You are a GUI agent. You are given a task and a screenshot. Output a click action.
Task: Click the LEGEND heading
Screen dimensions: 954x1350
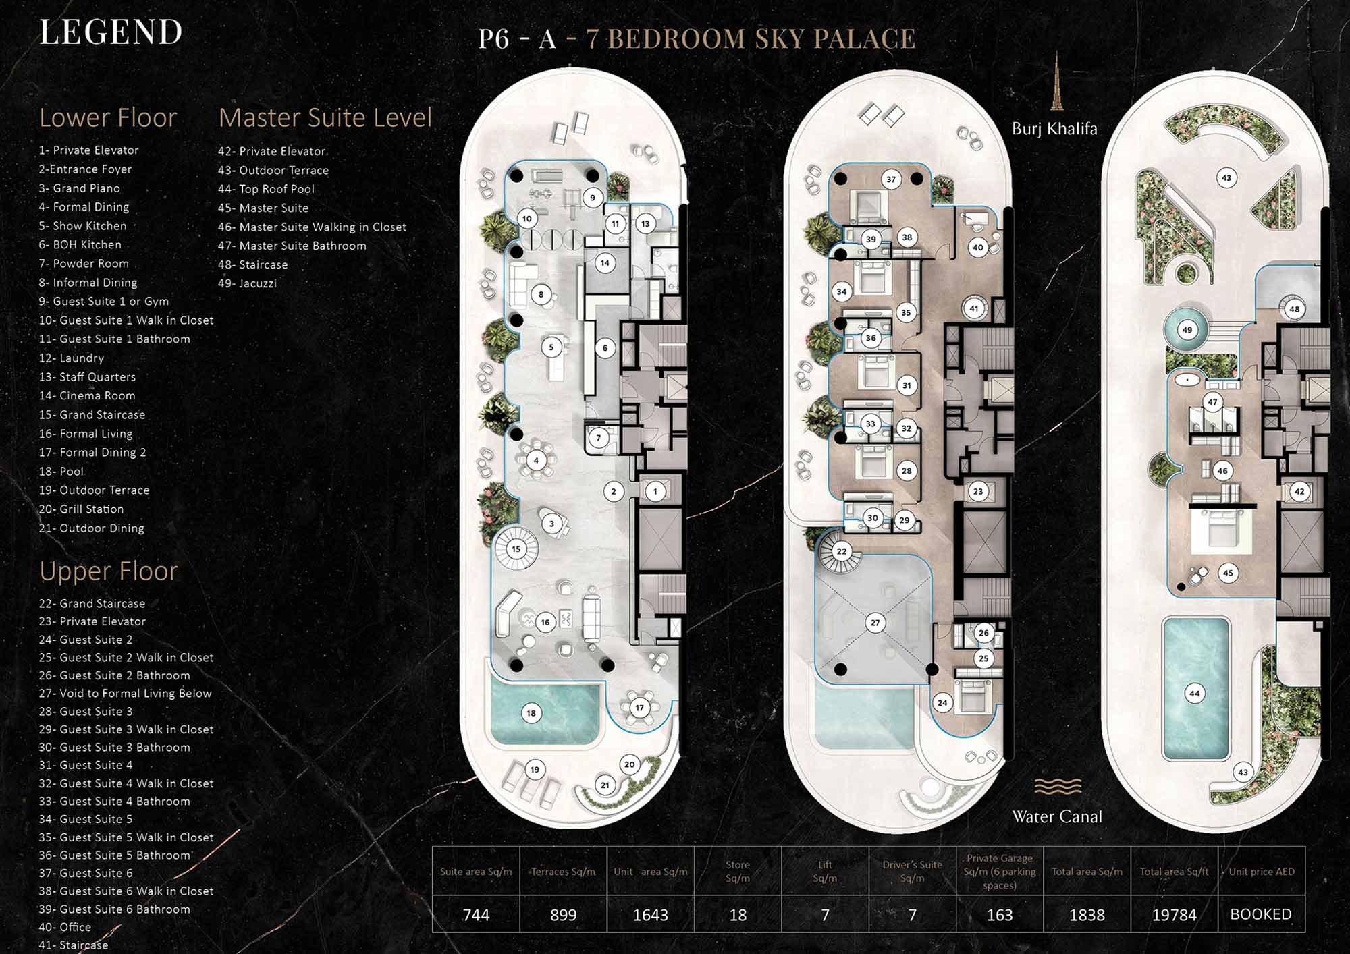point(111,32)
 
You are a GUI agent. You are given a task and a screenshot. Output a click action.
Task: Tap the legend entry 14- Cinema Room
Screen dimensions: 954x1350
point(87,396)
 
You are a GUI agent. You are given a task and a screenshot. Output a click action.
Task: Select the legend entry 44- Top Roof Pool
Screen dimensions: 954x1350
point(266,190)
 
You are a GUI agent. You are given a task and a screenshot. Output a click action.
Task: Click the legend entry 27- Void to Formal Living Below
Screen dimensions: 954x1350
point(125,694)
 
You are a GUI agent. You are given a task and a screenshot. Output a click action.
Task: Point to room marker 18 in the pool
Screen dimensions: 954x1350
point(531,713)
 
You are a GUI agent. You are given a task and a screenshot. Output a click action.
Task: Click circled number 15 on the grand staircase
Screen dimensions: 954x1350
point(516,549)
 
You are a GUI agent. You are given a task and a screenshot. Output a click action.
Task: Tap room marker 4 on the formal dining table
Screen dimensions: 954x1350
point(536,461)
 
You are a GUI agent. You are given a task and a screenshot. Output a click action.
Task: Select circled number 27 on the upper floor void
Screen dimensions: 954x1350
point(875,623)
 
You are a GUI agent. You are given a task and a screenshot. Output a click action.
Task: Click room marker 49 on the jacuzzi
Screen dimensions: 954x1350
point(1187,330)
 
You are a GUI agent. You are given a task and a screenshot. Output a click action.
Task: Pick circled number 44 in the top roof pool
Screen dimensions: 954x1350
point(1195,694)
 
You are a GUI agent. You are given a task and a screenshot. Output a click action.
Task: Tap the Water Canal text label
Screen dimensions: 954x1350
point(1057,817)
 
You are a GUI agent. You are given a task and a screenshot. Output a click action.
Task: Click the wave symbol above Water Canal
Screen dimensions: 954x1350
point(1057,787)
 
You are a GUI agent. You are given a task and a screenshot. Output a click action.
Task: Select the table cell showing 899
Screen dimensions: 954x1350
point(563,915)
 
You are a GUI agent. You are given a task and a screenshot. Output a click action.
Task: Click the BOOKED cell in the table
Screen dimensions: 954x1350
point(1261,914)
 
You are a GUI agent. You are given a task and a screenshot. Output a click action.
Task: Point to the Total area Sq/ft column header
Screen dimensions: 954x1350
point(1174,872)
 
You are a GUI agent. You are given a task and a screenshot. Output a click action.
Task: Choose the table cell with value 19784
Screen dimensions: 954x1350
point(1174,915)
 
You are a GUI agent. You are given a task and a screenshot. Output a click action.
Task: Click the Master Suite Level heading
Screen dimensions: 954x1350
point(325,118)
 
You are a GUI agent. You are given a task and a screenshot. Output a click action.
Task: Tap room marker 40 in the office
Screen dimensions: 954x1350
point(977,248)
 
